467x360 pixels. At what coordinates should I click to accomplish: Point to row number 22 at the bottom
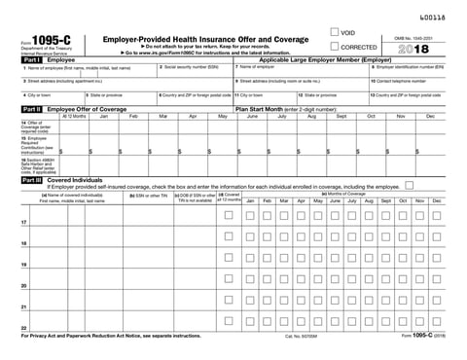[x=22, y=329]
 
